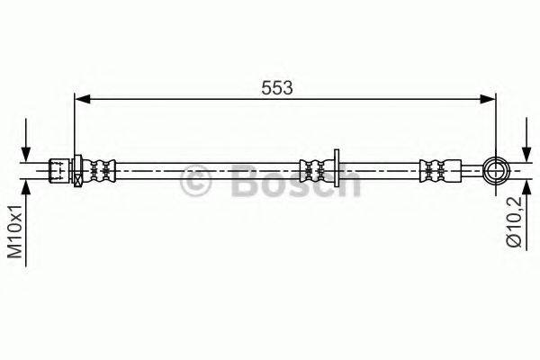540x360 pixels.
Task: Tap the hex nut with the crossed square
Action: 78,167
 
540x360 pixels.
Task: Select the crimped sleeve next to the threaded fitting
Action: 101,167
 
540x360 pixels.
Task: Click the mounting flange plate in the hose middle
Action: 335,167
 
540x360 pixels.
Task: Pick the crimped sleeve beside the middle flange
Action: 314,167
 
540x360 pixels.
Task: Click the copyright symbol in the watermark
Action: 197,183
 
